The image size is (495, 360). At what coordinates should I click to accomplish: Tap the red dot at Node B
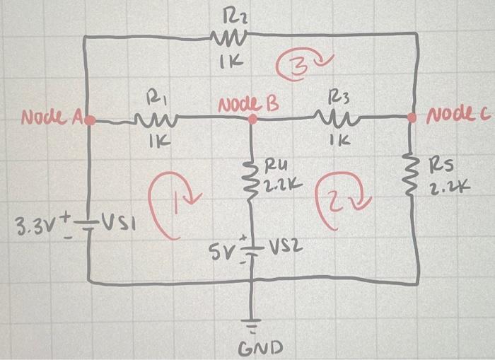tap(252, 121)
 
